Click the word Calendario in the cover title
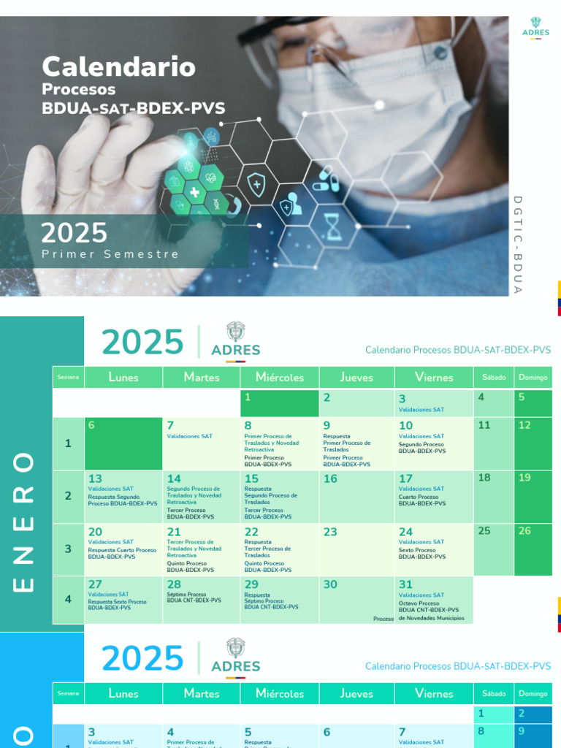click(x=118, y=67)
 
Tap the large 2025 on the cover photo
click(x=74, y=233)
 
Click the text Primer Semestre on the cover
click(x=110, y=254)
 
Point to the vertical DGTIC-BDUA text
click(x=517, y=245)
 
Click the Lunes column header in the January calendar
click(x=123, y=377)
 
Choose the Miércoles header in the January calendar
click(x=280, y=377)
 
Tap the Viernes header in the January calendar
click(x=434, y=377)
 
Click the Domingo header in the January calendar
click(x=533, y=377)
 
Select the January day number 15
click(x=251, y=479)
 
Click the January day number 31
click(x=405, y=584)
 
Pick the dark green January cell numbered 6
click(x=123, y=443)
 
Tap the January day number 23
click(x=330, y=532)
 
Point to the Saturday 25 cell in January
click(x=494, y=549)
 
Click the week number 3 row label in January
click(x=68, y=549)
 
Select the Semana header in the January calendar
click(x=68, y=377)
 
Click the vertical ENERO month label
click(x=24, y=522)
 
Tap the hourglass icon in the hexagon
click(x=334, y=226)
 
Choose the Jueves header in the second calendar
click(x=356, y=693)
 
